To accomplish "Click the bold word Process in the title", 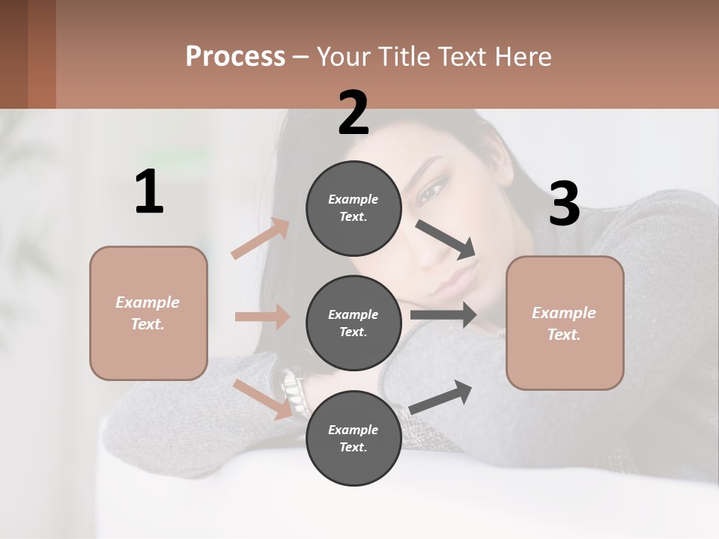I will tap(235, 57).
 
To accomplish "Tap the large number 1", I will tap(149, 192).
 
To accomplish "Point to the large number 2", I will tap(354, 113).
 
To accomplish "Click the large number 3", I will tap(564, 204).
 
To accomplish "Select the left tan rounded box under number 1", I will tap(148, 313).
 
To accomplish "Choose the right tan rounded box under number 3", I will tap(565, 323).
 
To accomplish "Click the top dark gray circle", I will tap(354, 208).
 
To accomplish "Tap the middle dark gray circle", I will tap(354, 323).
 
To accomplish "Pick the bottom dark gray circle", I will tap(354, 438).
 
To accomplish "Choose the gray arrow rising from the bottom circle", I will tap(441, 397).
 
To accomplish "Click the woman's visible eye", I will tap(432, 193).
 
